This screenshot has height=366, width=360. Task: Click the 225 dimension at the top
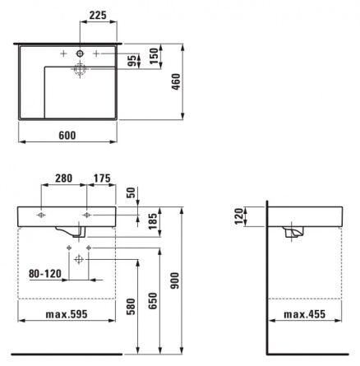pyautogui.click(x=98, y=16)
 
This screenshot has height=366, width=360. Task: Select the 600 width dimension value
pyautogui.click(x=67, y=136)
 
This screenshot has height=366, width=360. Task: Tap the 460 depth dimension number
pyautogui.click(x=176, y=81)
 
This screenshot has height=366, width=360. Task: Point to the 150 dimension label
pyautogui.click(x=155, y=56)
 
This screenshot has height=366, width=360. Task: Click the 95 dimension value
pyautogui.click(x=132, y=61)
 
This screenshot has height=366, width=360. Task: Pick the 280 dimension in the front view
pyautogui.click(x=64, y=178)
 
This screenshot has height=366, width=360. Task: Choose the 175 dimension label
pyautogui.click(x=102, y=178)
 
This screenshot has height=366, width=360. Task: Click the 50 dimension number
pyautogui.click(x=132, y=192)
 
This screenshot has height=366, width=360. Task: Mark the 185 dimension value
pyautogui.click(x=154, y=221)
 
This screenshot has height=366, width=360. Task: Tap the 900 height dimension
pyautogui.click(x=175, y=280)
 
